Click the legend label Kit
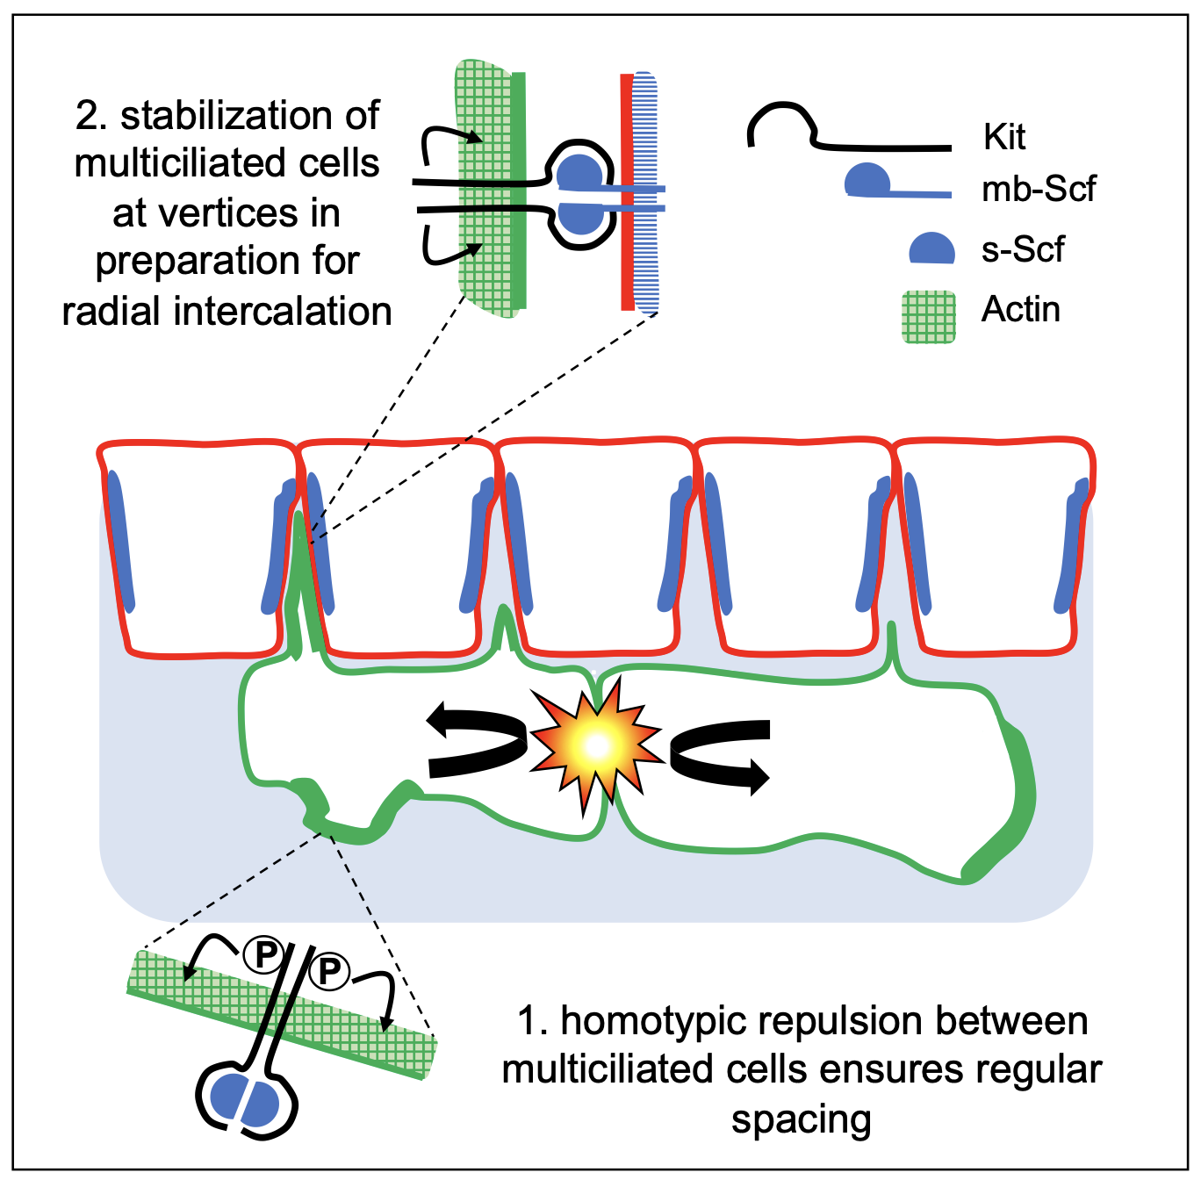click(x=1003, y=138)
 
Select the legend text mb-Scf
click(x=1038, y=189)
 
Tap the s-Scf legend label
click(x=1022, y=249)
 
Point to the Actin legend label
click(x=1020, y=309)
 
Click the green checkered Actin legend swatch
click(x=929, y=316)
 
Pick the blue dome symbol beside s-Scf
click(x=931, y=248)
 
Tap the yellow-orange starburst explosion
click(x=596, y=745)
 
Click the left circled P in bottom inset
click(x=263, y=954)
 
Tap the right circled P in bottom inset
click(x=329, y=970)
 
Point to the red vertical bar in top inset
click(x=626, y=193)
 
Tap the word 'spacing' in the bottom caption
click(x=801, y=1119)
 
